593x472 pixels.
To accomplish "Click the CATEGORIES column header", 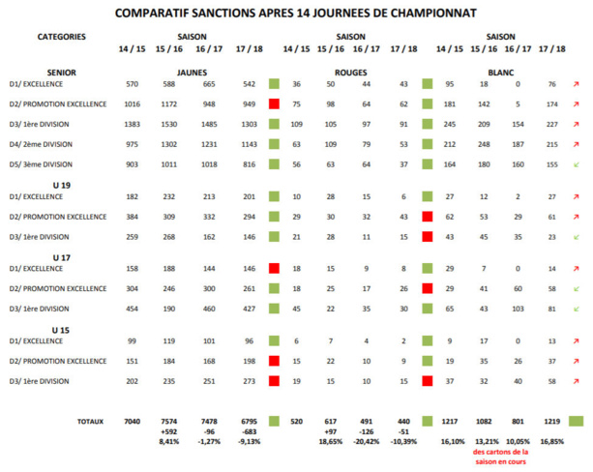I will click(x=59, y=36).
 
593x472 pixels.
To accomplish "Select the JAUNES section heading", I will click(x=193, y=72).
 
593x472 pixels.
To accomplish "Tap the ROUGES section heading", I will click(x=350, y=72).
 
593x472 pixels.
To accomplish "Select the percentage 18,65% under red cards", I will click(x=331, y=441).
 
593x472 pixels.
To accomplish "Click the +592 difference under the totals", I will click(x=168, y=432).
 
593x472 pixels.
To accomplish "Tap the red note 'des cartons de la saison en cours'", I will click(x=501, y=456).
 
